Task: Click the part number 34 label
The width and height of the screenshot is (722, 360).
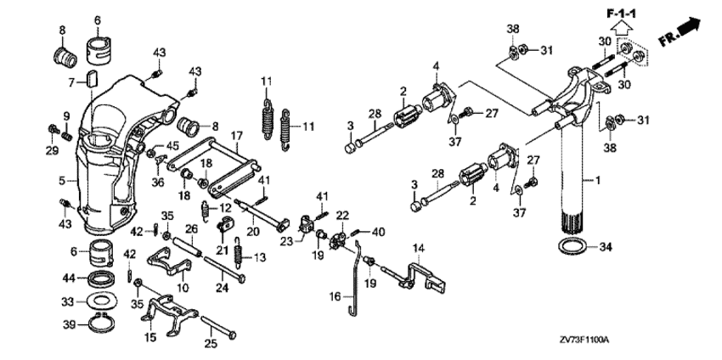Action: tap(603, 248)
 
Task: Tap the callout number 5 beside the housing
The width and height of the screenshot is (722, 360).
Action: tap(61, 180)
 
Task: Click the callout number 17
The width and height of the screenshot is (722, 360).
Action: tap(237, 134)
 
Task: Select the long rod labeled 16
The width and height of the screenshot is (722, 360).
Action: tap(357, 280)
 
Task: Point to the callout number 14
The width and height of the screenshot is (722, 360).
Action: tap(418, 247)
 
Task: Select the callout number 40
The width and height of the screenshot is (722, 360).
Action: tap(379, 231)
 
